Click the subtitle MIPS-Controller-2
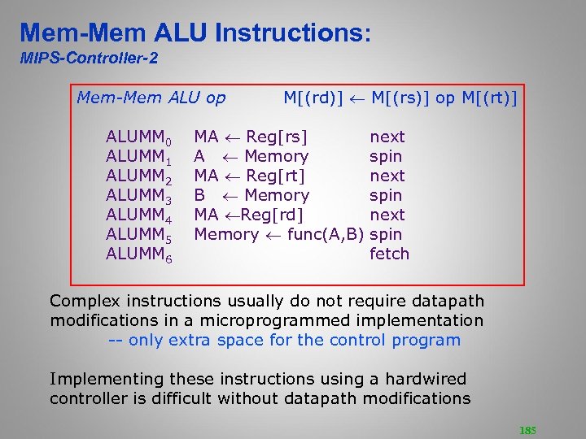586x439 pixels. [89, 59]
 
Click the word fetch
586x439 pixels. [389, 254]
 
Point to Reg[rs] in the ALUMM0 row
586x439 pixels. [276, 137]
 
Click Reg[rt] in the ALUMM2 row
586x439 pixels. [275, 176]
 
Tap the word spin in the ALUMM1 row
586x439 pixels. [385, 156]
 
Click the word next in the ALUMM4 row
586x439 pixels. [387, 215]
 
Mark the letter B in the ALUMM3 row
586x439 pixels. [199, 195]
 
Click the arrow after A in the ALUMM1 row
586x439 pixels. [228, 157]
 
